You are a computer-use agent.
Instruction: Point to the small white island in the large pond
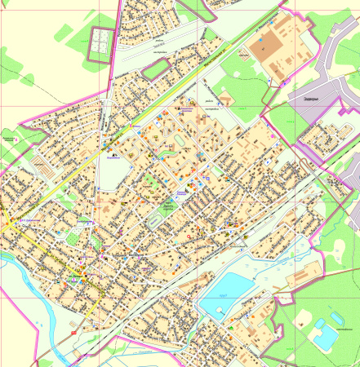(220, 312)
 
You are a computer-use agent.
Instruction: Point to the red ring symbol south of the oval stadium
(189, 236)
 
